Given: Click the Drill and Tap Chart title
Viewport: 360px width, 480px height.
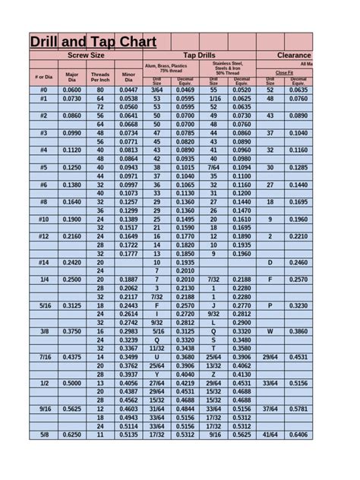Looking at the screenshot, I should [93, 42].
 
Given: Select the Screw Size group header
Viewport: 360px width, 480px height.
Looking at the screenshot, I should [86, 55].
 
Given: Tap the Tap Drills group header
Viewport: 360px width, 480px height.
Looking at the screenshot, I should [199, 55].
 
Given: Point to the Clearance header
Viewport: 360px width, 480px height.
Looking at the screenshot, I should [294, 55].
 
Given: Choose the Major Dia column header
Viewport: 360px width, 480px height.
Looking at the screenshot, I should [72, 77].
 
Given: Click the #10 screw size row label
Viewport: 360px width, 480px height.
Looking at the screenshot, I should [43, 219].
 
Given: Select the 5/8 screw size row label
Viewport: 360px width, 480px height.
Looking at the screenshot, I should [43, 434].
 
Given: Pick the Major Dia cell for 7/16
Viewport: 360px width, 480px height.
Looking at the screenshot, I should [72, 357].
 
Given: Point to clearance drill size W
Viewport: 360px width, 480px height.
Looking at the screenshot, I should [270, 331].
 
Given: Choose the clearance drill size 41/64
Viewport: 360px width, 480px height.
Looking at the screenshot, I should [270, 434].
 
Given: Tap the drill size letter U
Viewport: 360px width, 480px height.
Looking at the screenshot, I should [157, 357].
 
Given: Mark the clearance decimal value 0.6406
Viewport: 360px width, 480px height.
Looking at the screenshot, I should [299, 434].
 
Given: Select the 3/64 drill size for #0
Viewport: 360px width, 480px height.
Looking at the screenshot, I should [157, 90].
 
